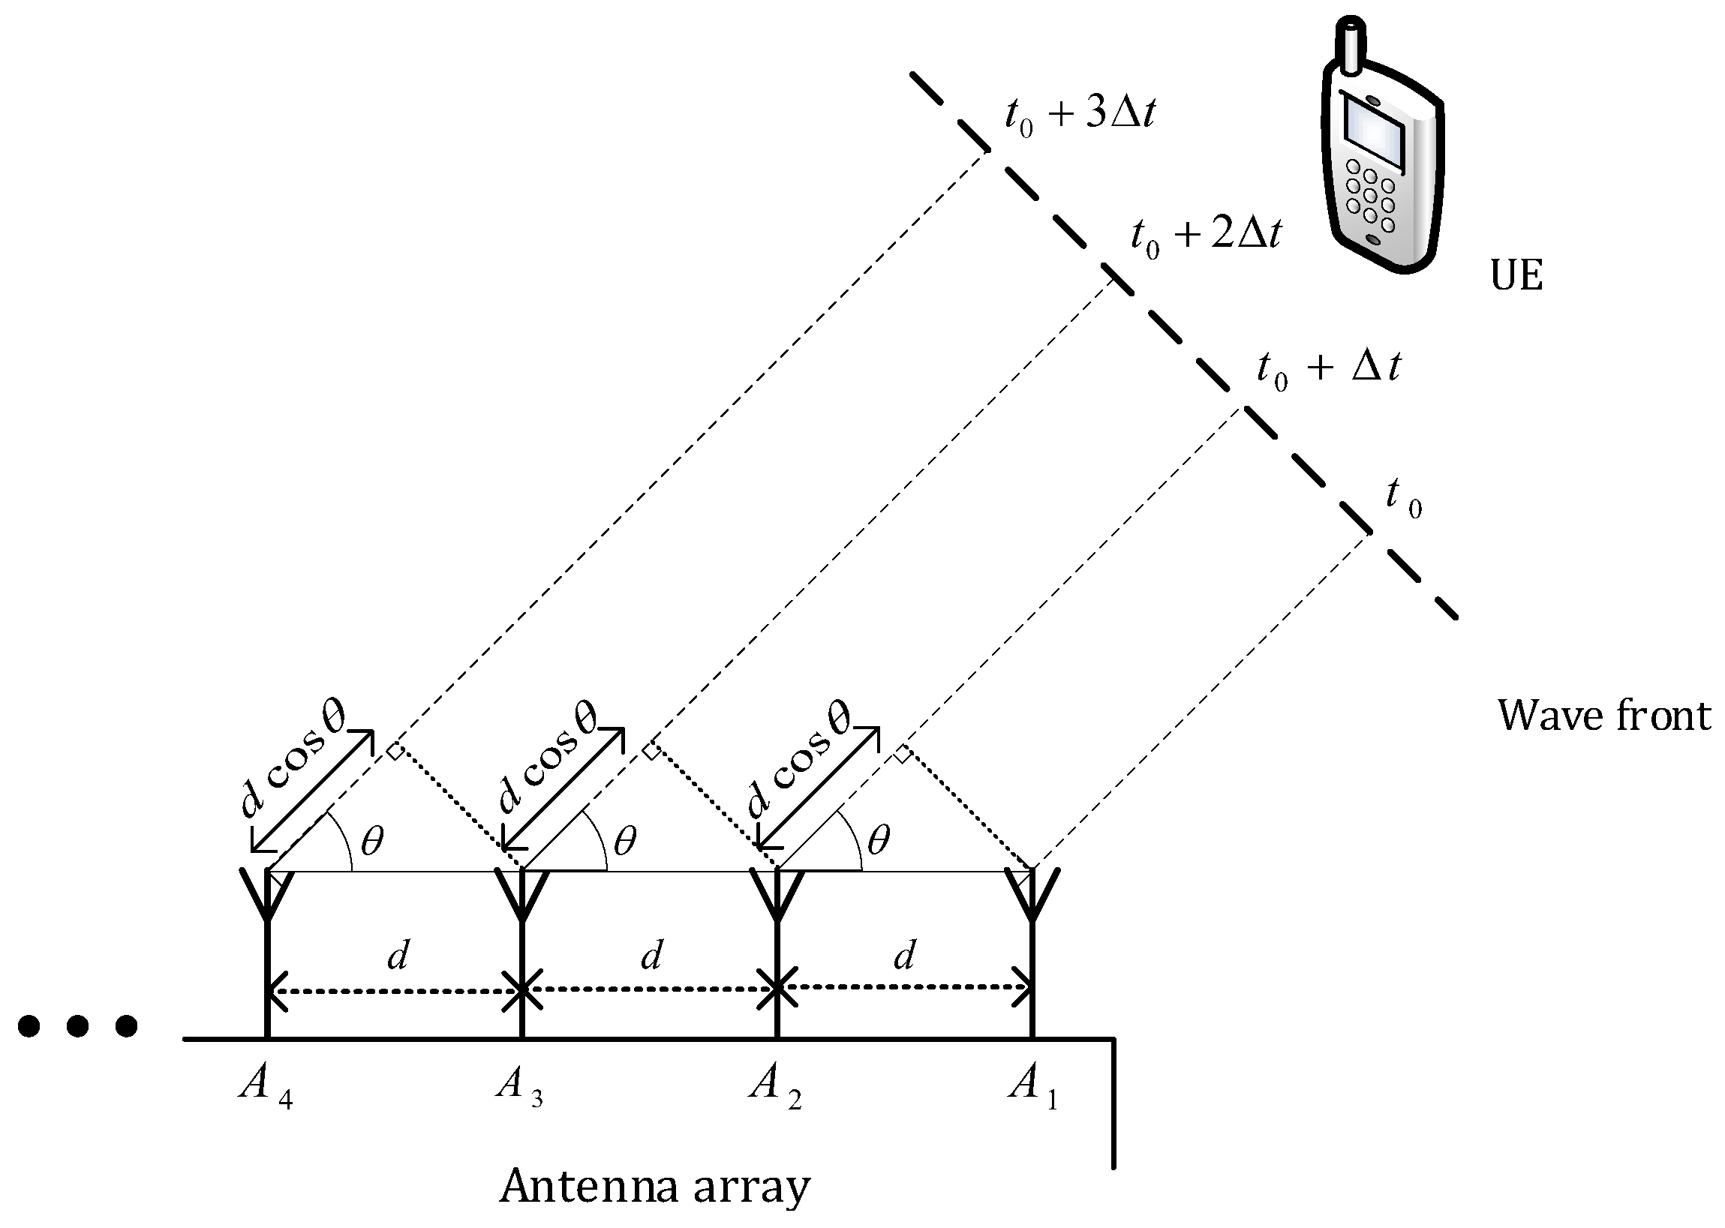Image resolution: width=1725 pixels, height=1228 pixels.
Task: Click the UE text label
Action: pos(1516,276)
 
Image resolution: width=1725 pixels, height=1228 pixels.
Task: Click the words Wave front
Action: pos(1603,716)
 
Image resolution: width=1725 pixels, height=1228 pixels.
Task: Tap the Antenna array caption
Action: pos(654,1187)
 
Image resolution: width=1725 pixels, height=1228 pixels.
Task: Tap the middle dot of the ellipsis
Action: pos(77,1026)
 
